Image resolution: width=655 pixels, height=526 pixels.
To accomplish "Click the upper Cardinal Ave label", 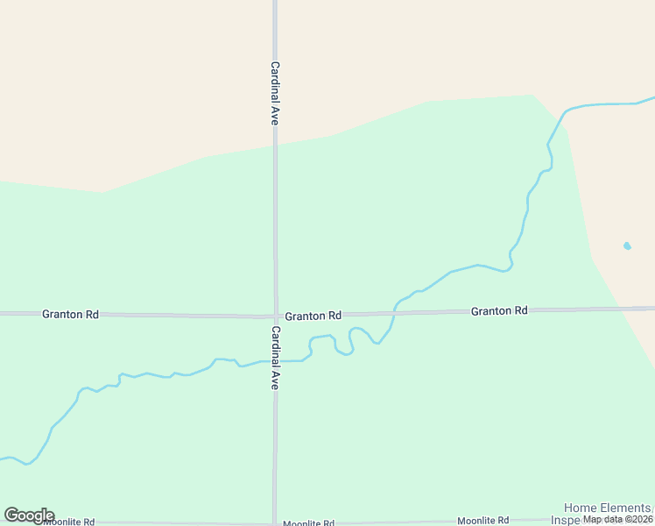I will (x=274, y=93).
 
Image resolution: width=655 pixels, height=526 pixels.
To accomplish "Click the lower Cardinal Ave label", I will (x=274, y=358).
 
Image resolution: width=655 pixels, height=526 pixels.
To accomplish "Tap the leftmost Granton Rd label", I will (x=70, y=314).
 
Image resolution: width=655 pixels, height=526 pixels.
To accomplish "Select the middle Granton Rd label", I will (x=313, y=316).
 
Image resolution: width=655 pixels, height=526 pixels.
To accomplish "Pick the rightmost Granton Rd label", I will (x=499, y=311).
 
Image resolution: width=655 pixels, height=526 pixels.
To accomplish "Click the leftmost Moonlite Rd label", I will (x=67, y=522).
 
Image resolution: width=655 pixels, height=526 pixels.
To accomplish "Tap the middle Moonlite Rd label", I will (x=308, y=523).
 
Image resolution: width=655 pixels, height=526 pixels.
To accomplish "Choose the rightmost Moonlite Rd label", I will (x=482, y=520).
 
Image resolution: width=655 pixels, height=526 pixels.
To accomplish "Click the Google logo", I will (x=29, y=515).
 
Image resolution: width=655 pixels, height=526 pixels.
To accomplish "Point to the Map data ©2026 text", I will (x=618, y=519).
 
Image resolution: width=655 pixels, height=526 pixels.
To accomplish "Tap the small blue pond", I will (x=627, y=246).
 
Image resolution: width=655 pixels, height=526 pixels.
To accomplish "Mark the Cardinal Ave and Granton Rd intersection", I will (x=275, y=316).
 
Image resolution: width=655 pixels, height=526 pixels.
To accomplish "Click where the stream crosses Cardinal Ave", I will (x=275, y=360).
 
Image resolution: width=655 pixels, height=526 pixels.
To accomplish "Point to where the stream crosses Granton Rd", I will (x=395, y=312).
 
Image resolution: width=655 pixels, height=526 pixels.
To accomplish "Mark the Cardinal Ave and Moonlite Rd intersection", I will (x=275, y=522).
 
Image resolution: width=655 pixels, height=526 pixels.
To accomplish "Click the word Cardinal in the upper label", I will (x=274, y=82).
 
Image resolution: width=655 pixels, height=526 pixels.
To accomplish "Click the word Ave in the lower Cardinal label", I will (x=274, y=380).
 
